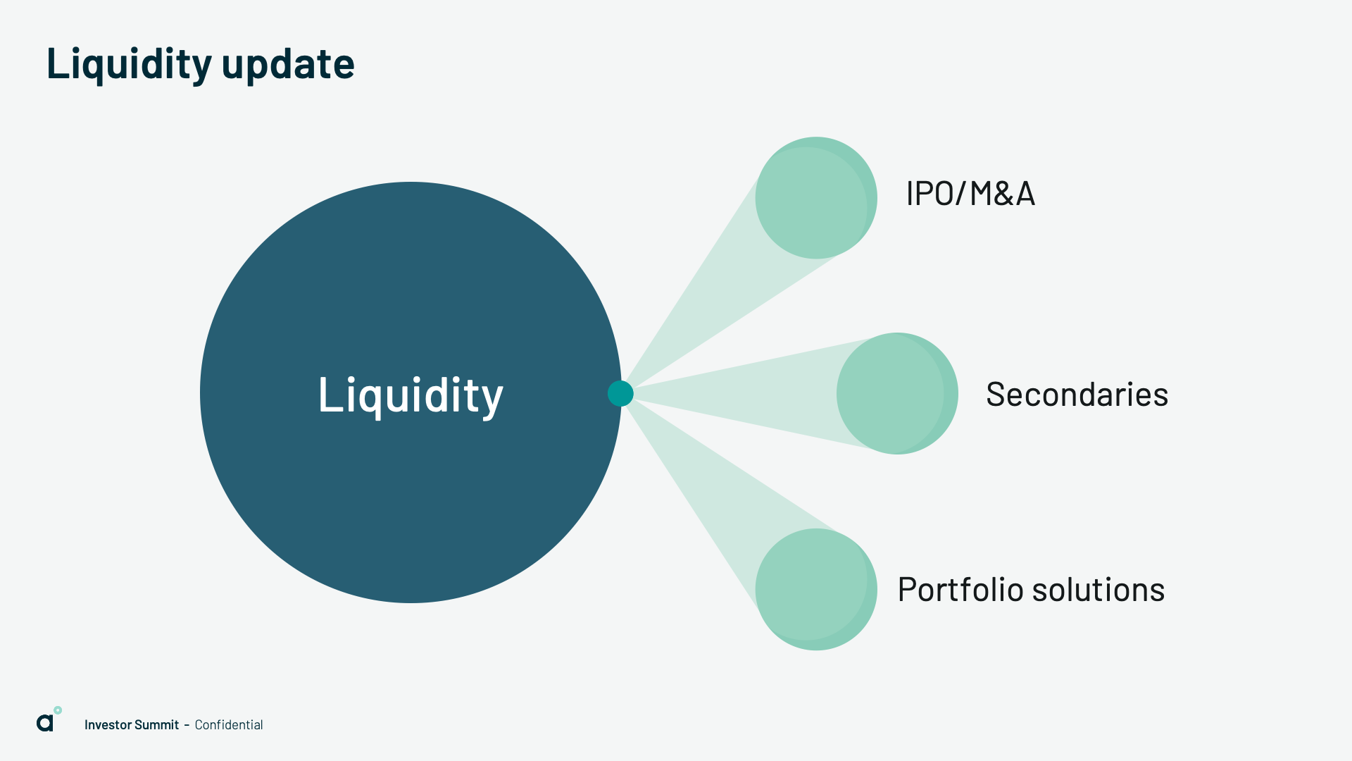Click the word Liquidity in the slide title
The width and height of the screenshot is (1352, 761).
point(130,63)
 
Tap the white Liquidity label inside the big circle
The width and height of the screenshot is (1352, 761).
point(411,395)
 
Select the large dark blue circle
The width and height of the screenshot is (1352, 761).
point(411,392)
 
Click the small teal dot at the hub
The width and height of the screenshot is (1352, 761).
point(620,393)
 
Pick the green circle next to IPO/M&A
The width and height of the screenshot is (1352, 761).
point(816,198)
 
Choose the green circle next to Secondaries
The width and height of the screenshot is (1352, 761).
point(897,393)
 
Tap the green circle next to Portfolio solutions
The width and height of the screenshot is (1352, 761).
point(816,589)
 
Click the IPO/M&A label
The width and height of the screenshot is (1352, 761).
point(970,194)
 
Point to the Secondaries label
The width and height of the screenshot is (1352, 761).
point(1077,395)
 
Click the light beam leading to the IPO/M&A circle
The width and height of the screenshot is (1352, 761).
point(711,296)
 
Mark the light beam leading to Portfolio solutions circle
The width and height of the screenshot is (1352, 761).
point(711,493)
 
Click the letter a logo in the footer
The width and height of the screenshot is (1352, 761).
point(45,723)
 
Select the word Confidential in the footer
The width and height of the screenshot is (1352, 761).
point(229,725)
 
